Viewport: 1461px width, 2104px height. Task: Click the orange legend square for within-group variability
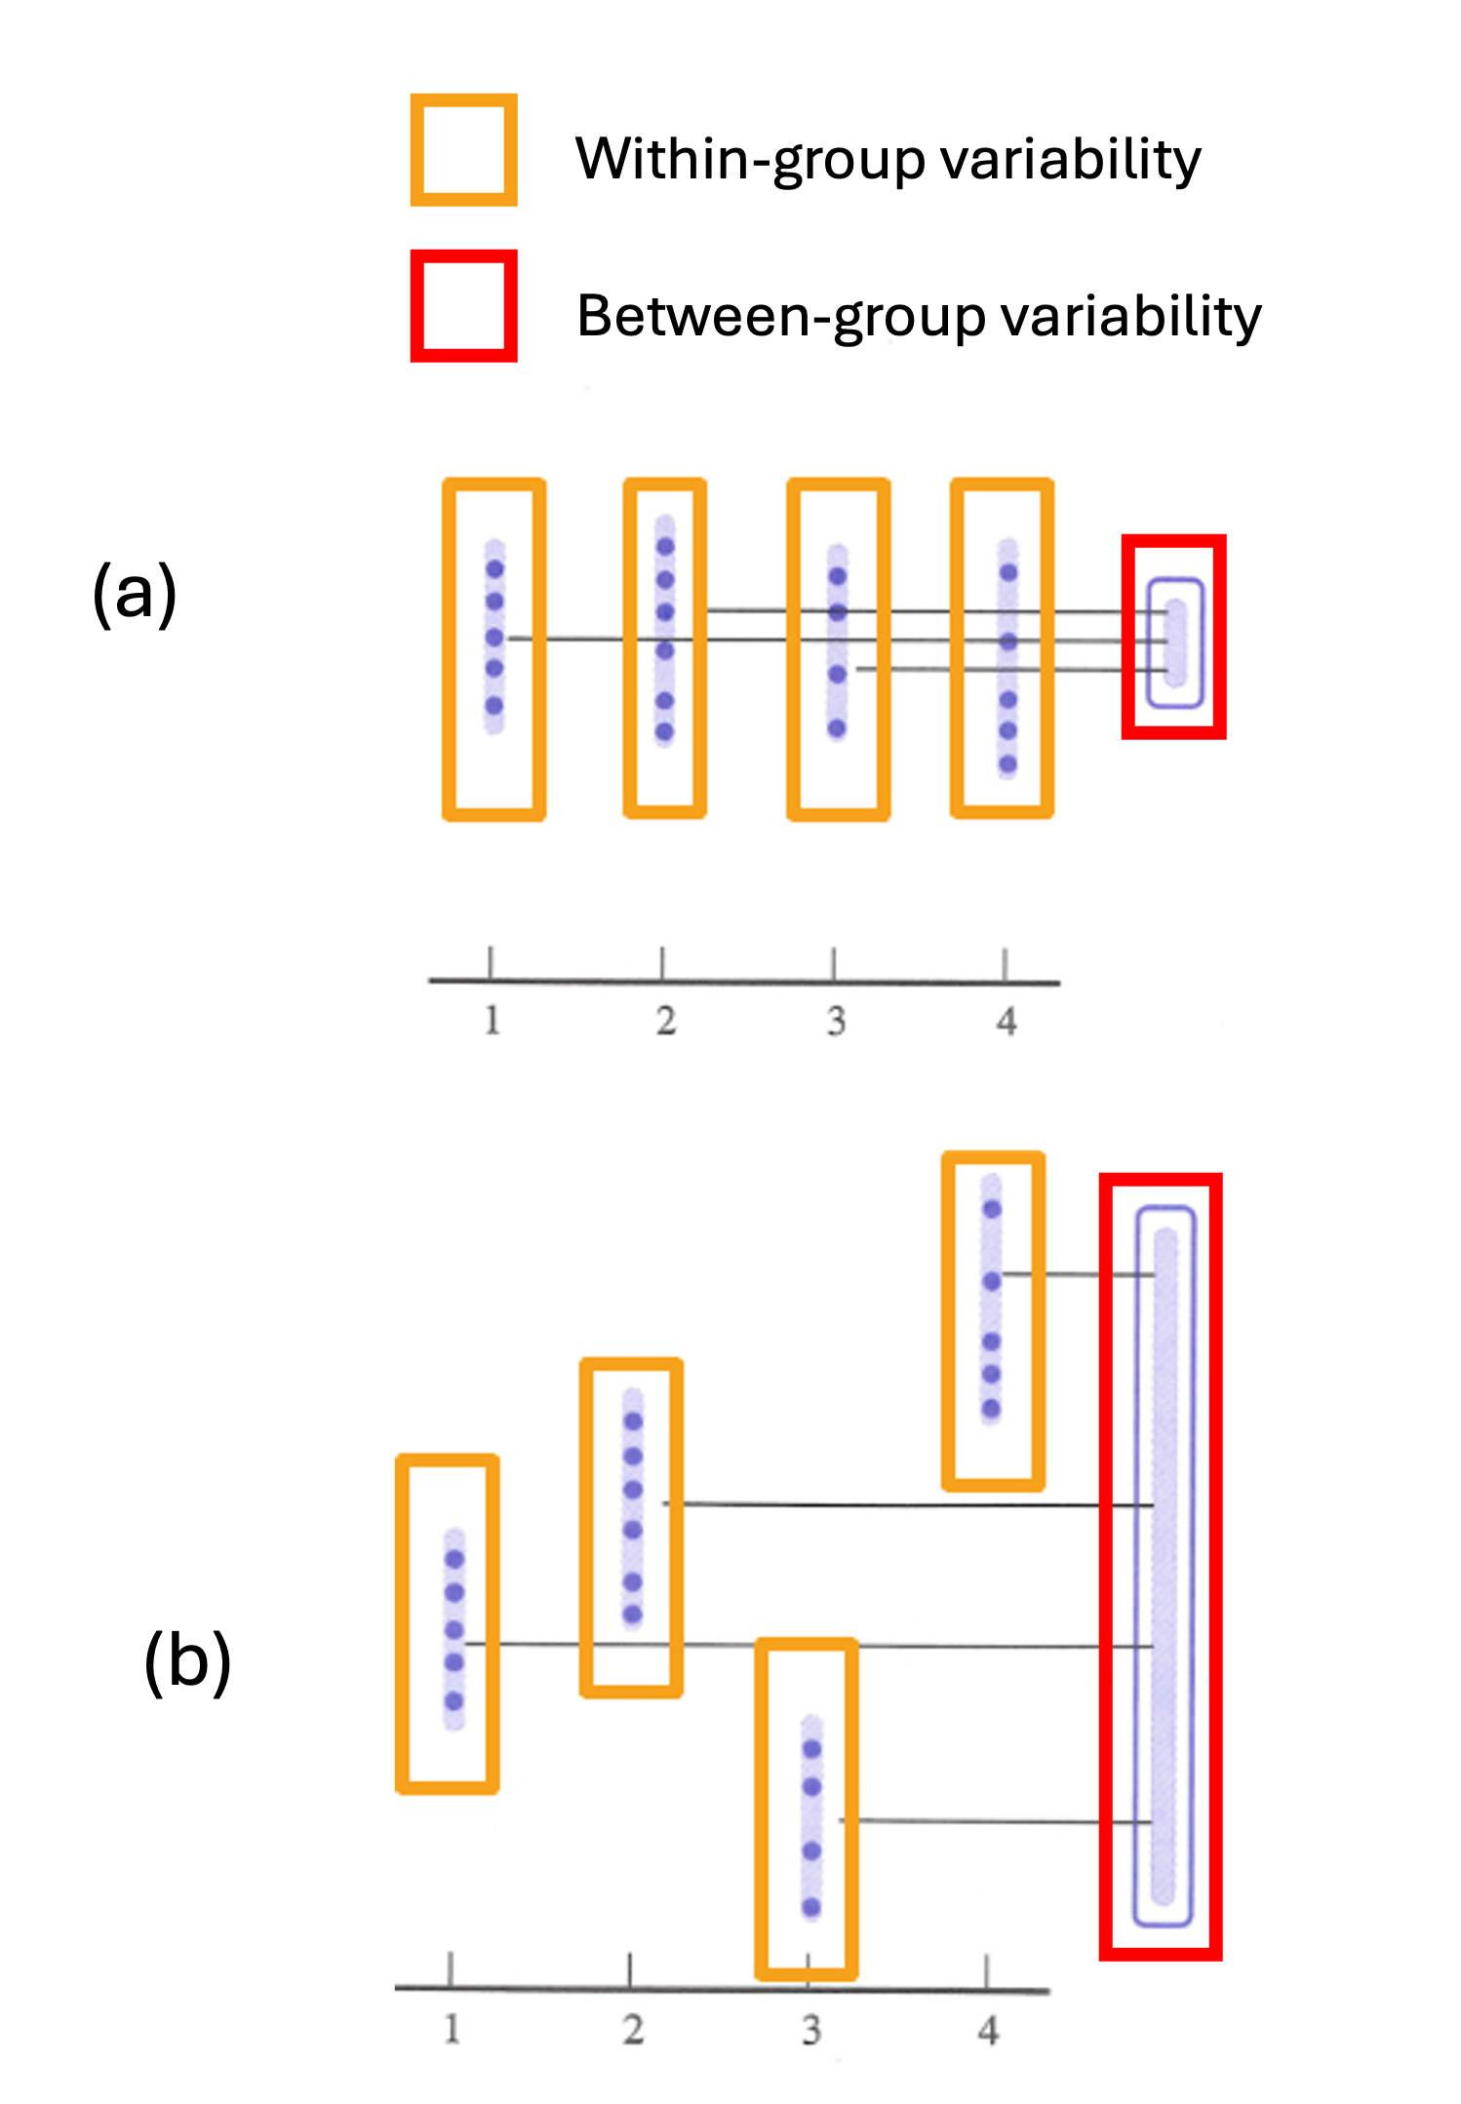tap(463, 150)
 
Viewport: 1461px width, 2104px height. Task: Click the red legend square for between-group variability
tap(463, 305)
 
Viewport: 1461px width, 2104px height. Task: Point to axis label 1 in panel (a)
tap(492, 1021)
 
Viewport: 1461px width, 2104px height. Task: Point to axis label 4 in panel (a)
tap(1007, 1022)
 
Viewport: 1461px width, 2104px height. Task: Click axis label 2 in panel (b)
tap(633, 2030)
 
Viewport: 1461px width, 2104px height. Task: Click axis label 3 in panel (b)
tap(810, 2031)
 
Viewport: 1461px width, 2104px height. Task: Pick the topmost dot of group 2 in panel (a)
tap(665, 547)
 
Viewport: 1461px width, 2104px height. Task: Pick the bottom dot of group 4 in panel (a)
tap(1007, 763)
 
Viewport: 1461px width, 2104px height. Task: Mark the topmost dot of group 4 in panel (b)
tap(992, 1210)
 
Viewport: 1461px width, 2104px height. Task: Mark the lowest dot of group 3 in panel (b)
tap(811, 1907)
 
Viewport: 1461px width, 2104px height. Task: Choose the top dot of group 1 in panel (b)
tap(454, 1559)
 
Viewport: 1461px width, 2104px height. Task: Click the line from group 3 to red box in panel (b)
tap(975, 1820)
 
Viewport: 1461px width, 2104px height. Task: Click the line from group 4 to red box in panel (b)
tap(1073, 1274)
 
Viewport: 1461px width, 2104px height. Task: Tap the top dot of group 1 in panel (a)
tap(494, 568)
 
